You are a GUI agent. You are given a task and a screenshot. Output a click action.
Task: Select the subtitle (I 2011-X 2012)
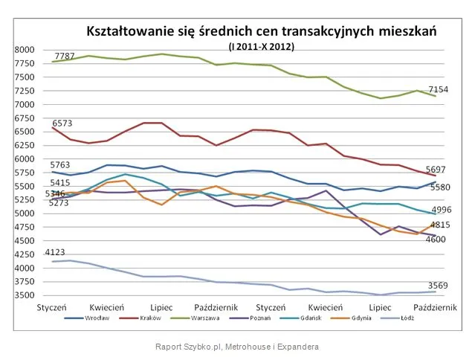(261, 46)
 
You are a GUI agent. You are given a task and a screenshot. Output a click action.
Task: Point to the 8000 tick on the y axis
(25, 50)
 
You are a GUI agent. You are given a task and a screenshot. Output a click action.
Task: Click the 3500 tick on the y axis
(25, 295)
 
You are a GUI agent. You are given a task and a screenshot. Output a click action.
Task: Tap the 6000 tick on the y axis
(25, 159)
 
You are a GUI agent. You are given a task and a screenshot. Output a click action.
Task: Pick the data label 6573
(62, 122)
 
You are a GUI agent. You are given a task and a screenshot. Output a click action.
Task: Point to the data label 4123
(56, 253)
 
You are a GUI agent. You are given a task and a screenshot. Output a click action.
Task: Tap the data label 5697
(436, 169)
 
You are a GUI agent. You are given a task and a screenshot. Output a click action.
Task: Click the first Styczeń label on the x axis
(53, 306)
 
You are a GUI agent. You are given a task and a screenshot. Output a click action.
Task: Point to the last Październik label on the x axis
(434, 306)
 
